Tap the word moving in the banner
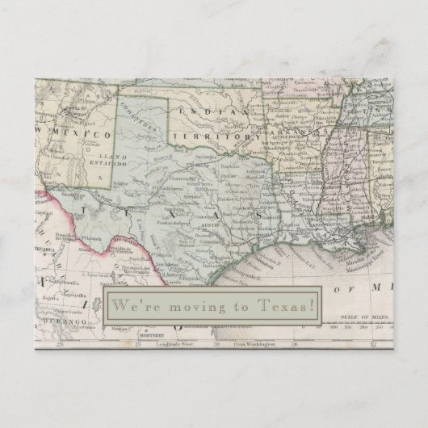(196, 305)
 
